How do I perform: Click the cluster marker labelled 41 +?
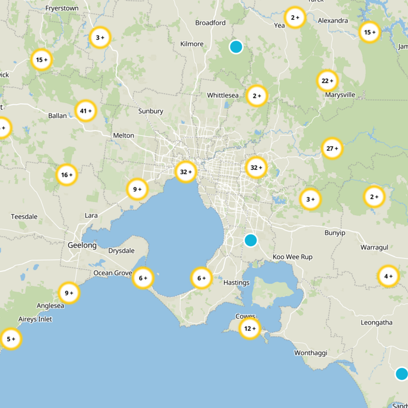(86, 110)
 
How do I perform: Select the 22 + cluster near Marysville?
(327, 81)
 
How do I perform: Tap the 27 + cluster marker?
(332, 149)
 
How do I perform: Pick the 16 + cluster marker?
(67, 175)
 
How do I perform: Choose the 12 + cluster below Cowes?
(249, 328)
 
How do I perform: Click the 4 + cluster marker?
(388, 276)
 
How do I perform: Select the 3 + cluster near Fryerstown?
(100, 37)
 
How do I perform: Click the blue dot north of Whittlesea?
(236, 47)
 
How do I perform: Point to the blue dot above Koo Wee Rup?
(250, 240)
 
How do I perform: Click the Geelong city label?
(82, 245)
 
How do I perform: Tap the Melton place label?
(123, 135)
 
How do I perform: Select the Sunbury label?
(151, 111)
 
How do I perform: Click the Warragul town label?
(374, 247)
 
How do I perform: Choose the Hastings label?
(237, 283)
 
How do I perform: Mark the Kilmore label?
(192, 44)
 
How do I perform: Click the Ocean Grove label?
(113, 273)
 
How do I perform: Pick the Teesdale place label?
(24, 217)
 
